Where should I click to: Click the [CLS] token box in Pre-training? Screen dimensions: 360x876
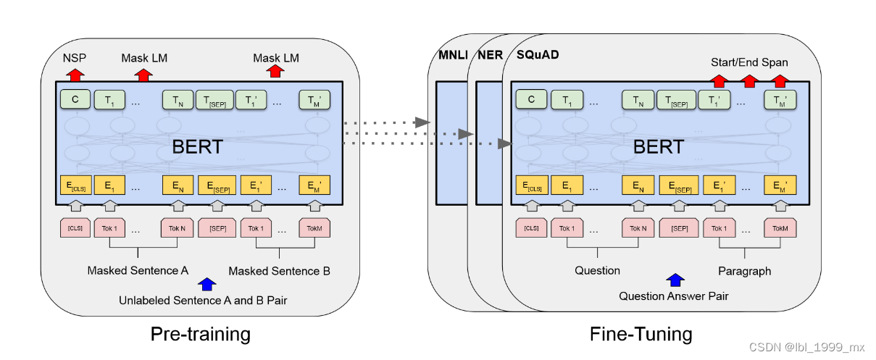point(75,228)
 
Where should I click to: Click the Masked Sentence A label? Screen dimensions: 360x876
point(138,271)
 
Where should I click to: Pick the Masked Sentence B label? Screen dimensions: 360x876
point(279,271)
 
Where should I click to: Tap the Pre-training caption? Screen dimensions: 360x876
point(201,334)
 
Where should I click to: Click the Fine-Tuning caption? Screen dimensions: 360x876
point(641,334)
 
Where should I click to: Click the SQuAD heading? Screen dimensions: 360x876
point(538,55)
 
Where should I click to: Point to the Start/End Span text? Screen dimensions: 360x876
point(749,62)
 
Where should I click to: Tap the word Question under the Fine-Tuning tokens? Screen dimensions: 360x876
point(597,270)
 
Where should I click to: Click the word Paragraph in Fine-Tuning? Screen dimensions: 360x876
point(744,271)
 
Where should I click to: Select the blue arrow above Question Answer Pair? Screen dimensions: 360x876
point(675,280)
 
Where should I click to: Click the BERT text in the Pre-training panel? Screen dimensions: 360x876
point(197,147)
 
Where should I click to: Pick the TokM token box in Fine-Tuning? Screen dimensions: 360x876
point(779,228)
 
